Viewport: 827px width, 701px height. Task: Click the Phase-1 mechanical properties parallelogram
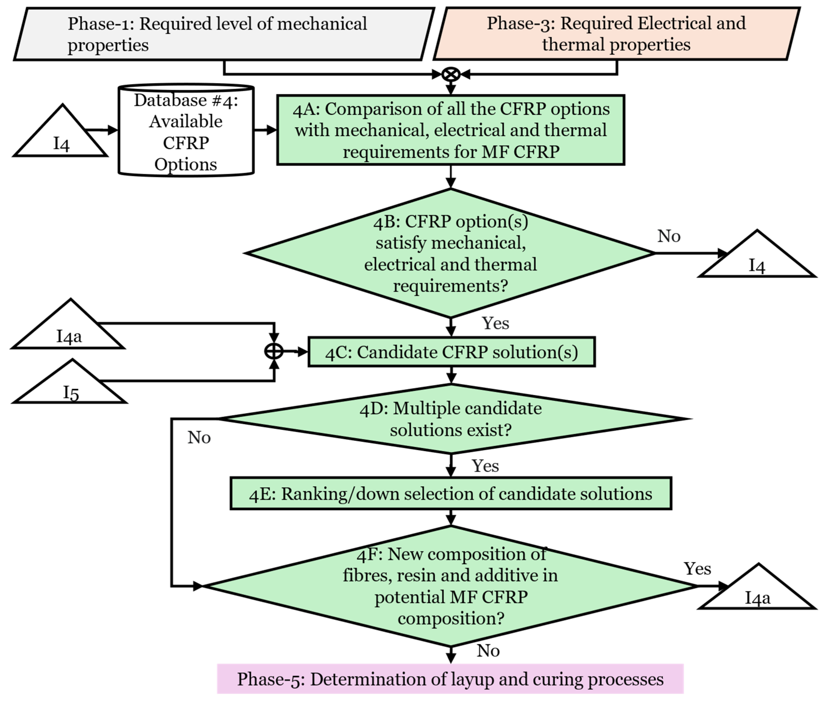click(224, 34)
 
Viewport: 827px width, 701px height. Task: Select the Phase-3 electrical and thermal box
click(617, 34)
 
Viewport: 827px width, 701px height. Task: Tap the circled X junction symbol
click(451, 74)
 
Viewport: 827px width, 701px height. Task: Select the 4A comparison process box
click(451, 130)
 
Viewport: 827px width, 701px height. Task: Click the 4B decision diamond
click(451, 253)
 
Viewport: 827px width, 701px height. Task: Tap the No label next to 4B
click(669, 236)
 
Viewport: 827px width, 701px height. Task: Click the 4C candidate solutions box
click(452, 352)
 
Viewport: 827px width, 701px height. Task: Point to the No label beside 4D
click(199, 438)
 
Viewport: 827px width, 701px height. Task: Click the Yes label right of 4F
click(697, 569)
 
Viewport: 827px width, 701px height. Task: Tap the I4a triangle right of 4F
click(757, 590)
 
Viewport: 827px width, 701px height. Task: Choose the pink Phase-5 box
click(450, 679)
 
